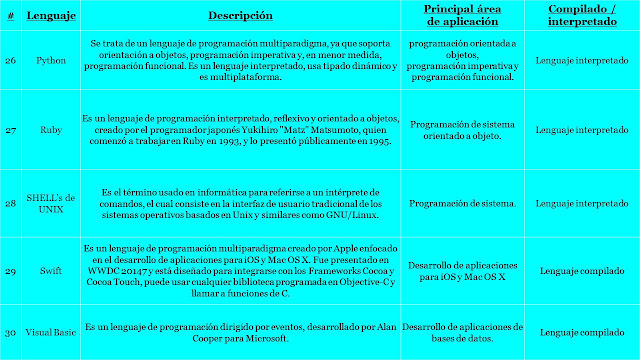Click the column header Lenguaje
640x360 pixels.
coord(48,16)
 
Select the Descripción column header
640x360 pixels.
coord(240,16)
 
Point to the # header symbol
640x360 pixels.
coord(10,16)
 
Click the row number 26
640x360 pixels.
coord(10,61)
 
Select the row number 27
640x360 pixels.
coord(10,129)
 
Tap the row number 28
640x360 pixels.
coord(10,203)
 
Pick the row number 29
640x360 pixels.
coord(10,271)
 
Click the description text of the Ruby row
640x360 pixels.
coord(240,129)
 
